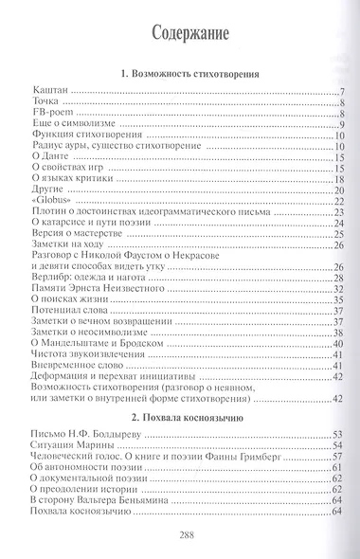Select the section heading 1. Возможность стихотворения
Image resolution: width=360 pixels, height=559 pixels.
click(x=185, y=74)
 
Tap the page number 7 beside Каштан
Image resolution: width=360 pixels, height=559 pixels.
click(x=338, y=92)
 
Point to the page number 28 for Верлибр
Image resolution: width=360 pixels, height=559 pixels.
click(x=336, y=278)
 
